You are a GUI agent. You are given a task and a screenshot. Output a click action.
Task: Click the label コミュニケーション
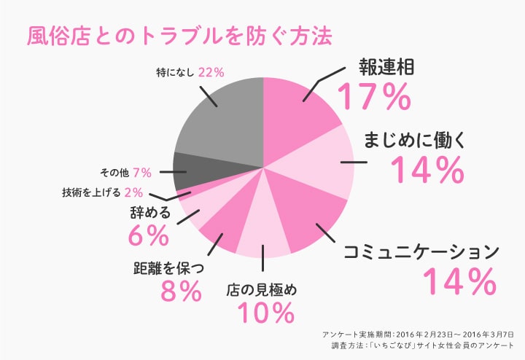click(x=422, y=252)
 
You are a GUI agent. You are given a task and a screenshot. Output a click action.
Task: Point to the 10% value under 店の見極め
click(x=265, y=313)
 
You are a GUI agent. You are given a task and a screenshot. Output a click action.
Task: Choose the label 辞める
click(x=149, y=214)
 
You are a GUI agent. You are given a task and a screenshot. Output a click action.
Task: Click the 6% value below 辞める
click(x=148, y=235)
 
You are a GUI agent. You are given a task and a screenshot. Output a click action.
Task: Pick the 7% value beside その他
click(x=142, y=173)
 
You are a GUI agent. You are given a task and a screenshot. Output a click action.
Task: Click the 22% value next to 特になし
click(x=210, y=72)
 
